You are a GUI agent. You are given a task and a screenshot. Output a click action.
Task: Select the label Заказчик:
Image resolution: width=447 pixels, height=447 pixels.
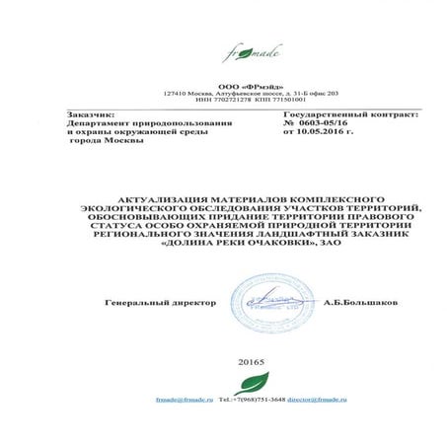[x=87, y=115]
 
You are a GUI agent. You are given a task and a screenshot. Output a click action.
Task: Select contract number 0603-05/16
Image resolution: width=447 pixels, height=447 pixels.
[x=310, y=124]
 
